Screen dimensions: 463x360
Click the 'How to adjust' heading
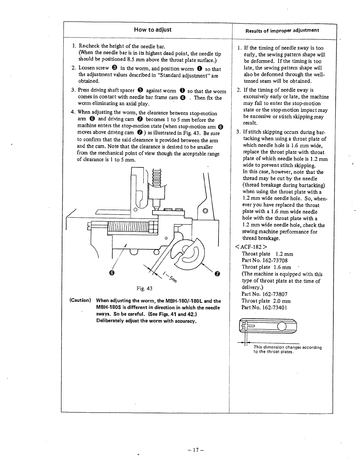153,30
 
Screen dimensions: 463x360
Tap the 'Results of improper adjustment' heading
282,30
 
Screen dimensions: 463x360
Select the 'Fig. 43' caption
144,289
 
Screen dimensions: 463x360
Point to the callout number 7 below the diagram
217,274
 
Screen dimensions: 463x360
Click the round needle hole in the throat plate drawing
281,326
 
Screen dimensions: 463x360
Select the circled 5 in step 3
140,91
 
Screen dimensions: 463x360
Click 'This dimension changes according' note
288,347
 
